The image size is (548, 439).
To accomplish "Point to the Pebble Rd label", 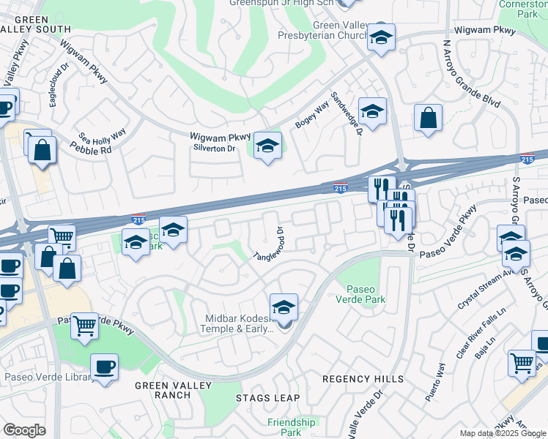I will click(91, 149).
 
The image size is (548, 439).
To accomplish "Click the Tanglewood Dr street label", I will click(270, 244).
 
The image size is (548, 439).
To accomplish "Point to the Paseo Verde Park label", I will click(360, 293).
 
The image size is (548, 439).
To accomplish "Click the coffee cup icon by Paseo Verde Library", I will click(104, 367).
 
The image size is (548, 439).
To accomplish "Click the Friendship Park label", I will click(291, 427).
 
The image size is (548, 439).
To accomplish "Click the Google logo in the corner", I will click(24, 429).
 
